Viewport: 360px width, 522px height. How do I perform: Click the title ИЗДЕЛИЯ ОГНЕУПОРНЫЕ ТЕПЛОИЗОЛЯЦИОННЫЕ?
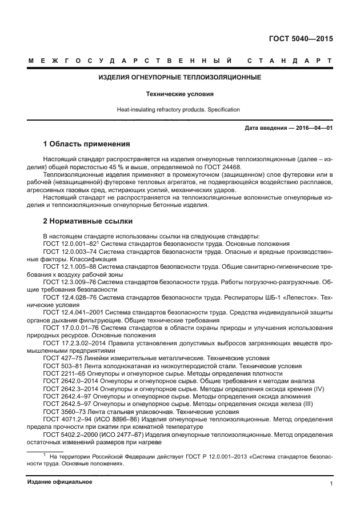click(x=180, y=77)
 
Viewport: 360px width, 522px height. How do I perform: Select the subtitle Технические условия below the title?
click(x=180, y=93)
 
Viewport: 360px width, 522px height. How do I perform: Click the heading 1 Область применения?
click(x=87, y=144)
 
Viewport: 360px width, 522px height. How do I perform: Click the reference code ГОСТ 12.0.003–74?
click(x=70, y=252)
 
